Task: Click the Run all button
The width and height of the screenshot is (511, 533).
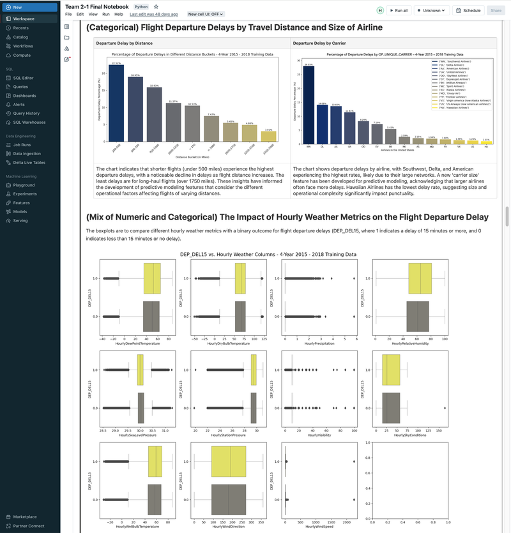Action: tap(399, 11)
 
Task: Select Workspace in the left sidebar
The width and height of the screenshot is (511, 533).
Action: tap(24, 19)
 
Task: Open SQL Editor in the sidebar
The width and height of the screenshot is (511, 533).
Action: tap(24, 78)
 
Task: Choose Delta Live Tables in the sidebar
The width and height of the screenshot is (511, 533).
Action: tap(29, 163)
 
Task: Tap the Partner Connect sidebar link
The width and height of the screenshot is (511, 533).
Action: tap(28, 526)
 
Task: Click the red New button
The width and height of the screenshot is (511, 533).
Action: tap(17, 7)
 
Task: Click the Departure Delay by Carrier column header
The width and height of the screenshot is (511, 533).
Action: tap(319, 43)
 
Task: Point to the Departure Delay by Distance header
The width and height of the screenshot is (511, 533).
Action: tap(124, 43)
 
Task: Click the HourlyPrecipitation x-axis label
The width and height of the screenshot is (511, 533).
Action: tap(319, 344)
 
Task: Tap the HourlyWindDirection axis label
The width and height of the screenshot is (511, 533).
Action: tap(228, 527)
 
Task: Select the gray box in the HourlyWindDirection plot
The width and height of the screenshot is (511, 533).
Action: tap(228, 499)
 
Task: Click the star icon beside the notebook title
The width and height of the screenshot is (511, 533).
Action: tap(156, 6)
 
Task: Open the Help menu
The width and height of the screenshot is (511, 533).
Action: tap(119, 14)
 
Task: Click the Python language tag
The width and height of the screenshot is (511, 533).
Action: tap(141, 6)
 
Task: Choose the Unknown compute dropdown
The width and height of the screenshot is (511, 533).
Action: tap(431, 11)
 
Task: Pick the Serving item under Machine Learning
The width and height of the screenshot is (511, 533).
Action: tap(20, 221)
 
